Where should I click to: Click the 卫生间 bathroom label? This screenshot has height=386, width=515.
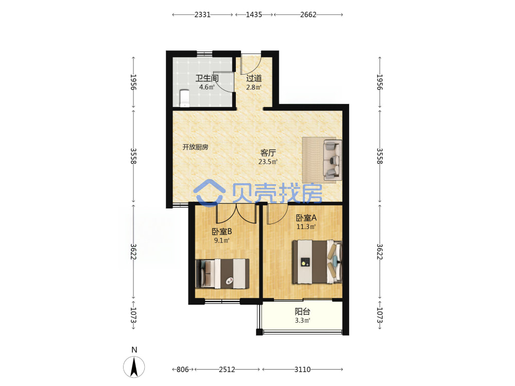point(207,78)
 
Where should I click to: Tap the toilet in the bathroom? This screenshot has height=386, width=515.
point(184,98)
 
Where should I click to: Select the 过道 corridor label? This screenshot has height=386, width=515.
point(254,78)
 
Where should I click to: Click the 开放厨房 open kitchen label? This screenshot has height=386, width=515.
point(195,147)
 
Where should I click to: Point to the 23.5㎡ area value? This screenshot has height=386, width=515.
point(268,162)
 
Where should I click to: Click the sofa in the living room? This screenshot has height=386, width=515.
point(333,160)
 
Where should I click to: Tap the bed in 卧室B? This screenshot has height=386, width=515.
point(222,274)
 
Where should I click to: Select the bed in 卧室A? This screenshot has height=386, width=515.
point(317,261)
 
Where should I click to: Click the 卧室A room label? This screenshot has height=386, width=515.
point(306,218)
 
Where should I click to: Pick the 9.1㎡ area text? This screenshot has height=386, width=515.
point(221,240)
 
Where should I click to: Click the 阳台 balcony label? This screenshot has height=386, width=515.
point(302,311)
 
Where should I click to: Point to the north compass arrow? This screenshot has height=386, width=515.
point(134,366)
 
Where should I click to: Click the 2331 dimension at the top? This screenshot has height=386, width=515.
point(202,14)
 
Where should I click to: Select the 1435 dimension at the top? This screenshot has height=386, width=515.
point(254,14)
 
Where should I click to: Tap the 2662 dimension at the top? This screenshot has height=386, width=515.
point(308,14)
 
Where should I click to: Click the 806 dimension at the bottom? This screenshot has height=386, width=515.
point(183,370)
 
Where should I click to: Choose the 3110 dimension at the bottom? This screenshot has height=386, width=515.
point(302,370)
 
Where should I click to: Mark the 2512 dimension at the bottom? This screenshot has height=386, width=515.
point(227,370)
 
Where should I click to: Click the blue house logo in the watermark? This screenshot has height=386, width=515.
point(209,193)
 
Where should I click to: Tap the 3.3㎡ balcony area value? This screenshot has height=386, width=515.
point(302,320)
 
